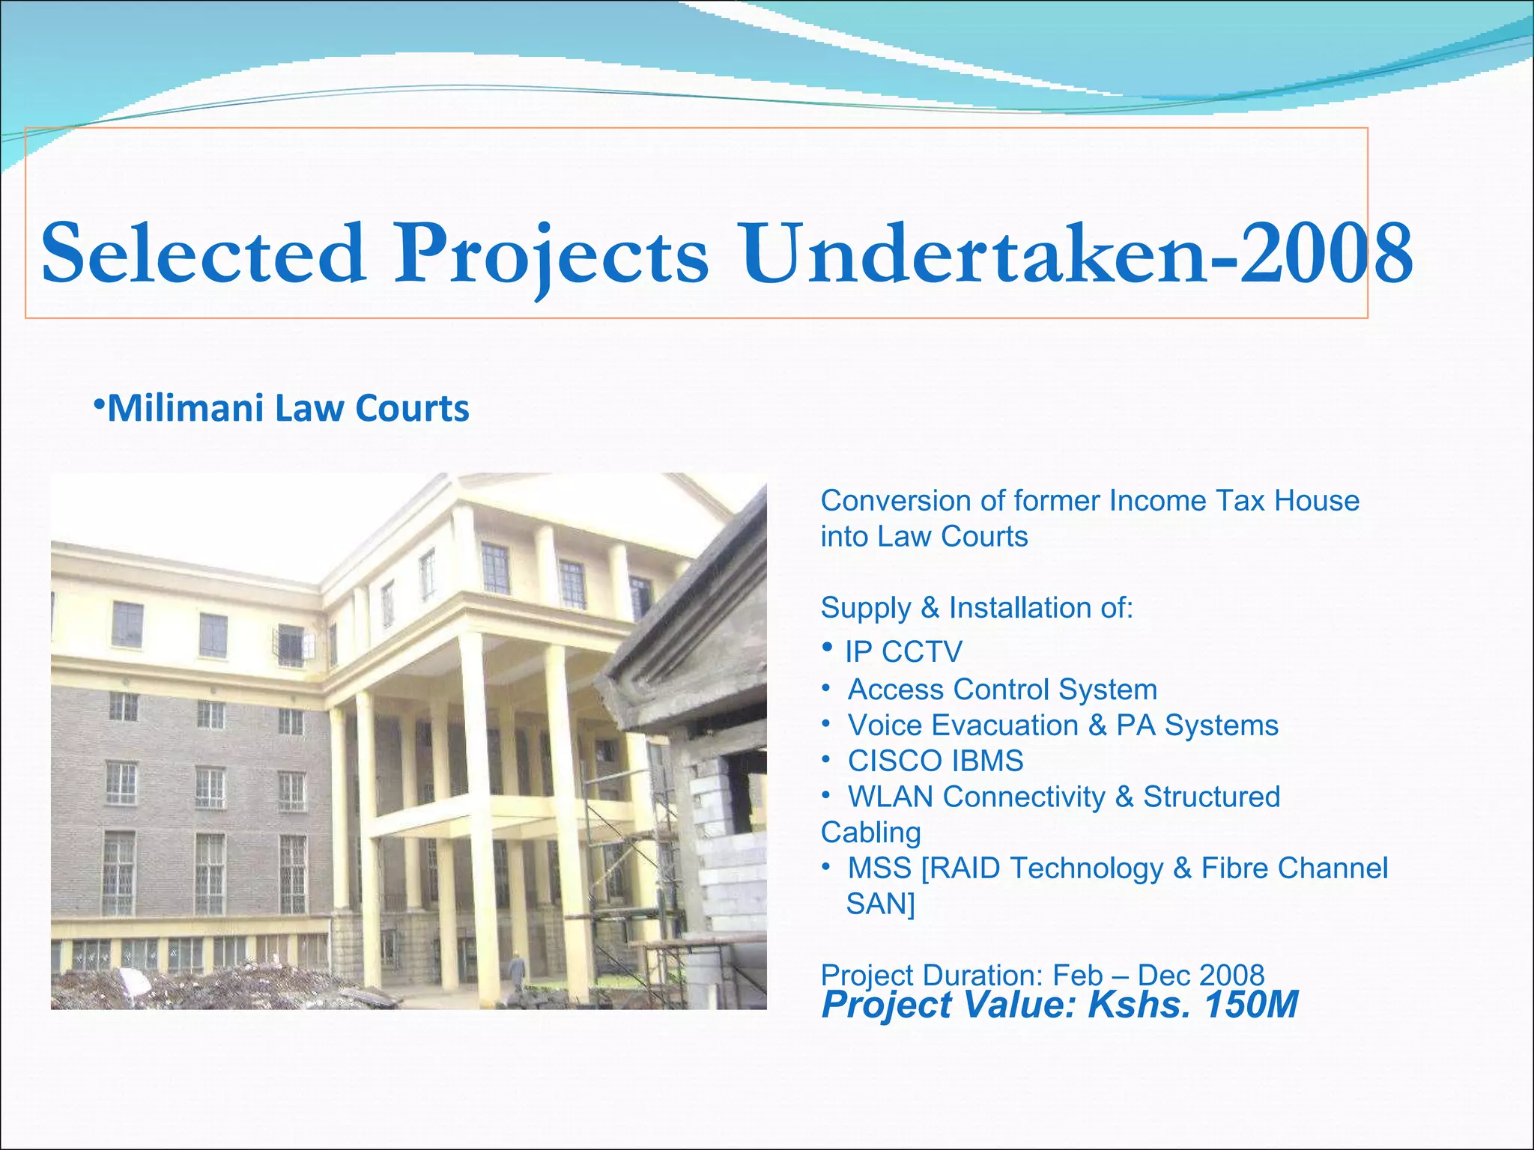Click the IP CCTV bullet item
[x=903, y=652]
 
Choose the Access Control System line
[x=1001, y=690]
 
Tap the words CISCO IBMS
[x=935, y=761]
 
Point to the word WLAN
[x=891, y=797]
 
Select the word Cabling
[x=870, y=833]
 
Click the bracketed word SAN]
[x=880, y=904]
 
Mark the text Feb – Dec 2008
[x=1158, y=975]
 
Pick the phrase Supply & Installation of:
[x=977, y=608]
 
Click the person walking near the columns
[x=518, y=972]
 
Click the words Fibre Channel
[x=1294, y=868]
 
